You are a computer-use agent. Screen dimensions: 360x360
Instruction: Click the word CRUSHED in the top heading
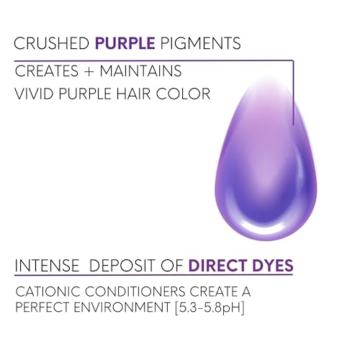tap(52, 43)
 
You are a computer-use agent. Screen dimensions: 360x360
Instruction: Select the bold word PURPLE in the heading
tap(125, 43)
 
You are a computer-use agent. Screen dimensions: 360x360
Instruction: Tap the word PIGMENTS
tap(200, 43)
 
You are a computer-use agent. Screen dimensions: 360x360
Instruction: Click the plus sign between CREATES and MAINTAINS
tap(89, 71)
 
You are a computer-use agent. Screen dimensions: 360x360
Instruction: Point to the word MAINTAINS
tap(140, 71)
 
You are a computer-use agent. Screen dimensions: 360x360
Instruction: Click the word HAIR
tap(133, 94)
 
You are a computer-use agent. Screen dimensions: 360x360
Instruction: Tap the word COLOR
tap(184, 94)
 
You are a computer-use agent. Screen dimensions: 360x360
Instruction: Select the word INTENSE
tap(47, 266)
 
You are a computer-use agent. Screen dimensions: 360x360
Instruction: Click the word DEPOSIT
tap(122, 266)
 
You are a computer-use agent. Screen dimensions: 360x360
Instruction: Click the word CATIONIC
tap(48, 292)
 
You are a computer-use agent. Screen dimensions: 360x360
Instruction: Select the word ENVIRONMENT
tap(122, 307)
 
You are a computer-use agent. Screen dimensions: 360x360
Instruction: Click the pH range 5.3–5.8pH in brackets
tap(210, 308)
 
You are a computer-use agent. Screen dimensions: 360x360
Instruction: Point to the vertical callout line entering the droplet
tap(293, 93)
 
